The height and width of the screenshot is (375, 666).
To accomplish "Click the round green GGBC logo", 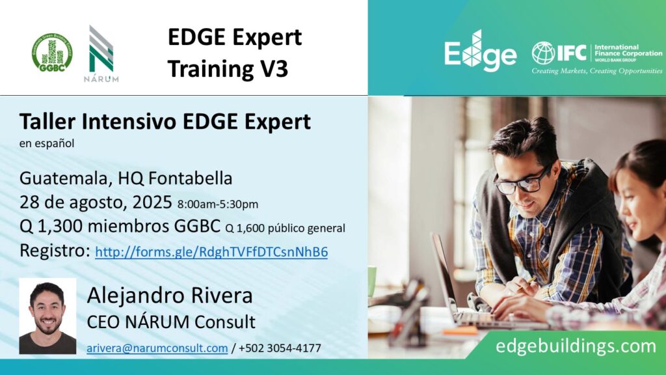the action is pos(52,53).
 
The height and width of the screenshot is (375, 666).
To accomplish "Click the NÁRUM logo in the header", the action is pos(101,53).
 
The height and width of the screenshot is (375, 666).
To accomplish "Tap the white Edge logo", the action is pos(480,51).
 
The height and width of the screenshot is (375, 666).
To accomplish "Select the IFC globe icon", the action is pos(543,53).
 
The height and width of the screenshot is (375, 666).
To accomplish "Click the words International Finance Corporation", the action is pos(628,51).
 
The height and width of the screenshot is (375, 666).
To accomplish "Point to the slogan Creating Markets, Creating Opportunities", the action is pos(597,71).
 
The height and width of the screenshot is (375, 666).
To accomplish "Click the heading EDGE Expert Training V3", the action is pos(234,53).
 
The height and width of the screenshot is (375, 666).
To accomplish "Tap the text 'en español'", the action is pos(47,144).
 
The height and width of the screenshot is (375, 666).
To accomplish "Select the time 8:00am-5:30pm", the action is pos(217,204).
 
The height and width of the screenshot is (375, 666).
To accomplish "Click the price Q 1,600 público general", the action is pos(285,229).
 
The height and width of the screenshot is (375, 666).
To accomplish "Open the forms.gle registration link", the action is pos(211,252).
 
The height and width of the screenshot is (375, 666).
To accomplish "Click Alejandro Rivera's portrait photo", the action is pos(47,316).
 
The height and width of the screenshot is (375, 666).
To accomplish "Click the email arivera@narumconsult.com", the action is pos(157,348).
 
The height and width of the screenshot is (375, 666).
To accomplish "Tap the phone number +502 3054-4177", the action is pos(280,348).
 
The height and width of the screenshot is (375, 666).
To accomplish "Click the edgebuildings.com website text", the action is pos(576,346).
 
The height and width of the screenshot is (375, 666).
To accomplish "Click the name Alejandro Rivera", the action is pos(170,296).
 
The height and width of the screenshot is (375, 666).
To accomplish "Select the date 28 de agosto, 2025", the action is pos(96,202).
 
